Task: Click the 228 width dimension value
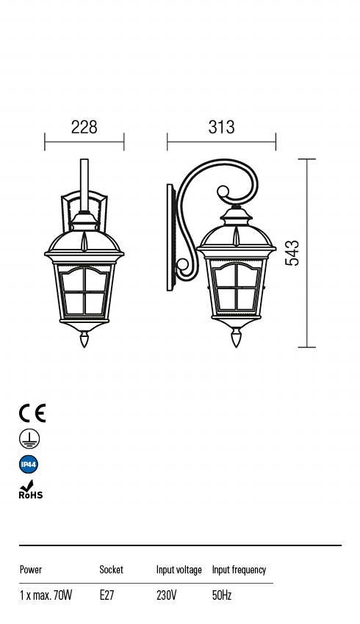point(84,127)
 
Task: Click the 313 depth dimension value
point(221,127)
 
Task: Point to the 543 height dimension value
point(292,253)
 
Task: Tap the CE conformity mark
point(32,413)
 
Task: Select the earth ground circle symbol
point(29,439)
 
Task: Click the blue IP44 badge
point(29,464)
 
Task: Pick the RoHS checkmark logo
point(31,490)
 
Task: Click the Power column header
point(31,570)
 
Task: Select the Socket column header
point(111,570)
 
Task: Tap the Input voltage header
point(179,570)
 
